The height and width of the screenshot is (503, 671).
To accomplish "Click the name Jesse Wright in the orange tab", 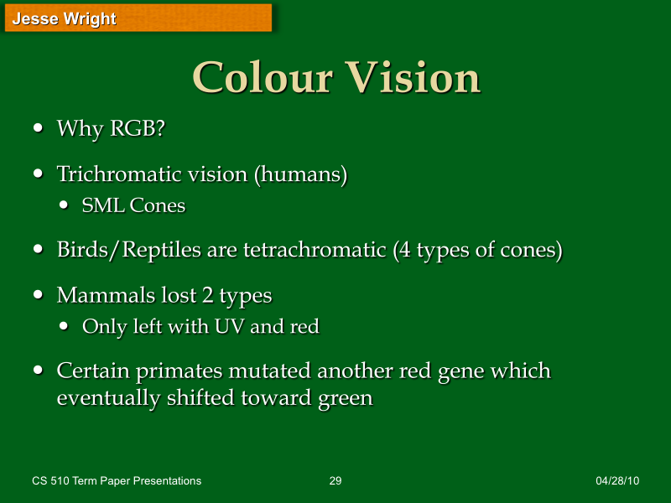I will click(x=64, y=18).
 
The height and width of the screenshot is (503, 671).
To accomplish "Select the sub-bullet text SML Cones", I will click(x=133, y=205).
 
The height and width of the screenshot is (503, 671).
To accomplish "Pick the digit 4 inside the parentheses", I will click(x=406, y=250).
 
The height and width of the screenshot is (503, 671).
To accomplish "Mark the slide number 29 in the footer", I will click(x=335, y=481).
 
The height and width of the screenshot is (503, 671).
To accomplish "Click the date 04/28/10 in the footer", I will click(x=617, y=481).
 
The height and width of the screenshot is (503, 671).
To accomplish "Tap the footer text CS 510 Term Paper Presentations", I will click(x=117, y=481).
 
